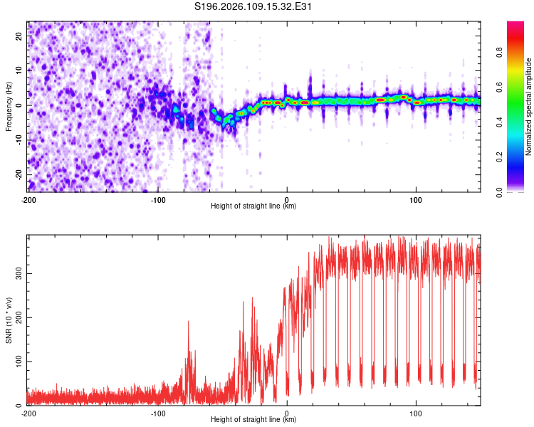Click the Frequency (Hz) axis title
pyautogui.click(x=9, y=106)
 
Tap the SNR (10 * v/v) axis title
pyautogui.click(x=9, y=320)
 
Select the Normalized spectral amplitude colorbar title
pyautogui.click(x=529, y=106)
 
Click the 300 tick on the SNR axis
pyautogui.click(x=16, y=273)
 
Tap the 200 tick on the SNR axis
pyautogui.click(x=16, y=317)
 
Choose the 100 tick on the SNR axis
pyautogui.click(x=16, y=362)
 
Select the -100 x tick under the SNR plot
pyautogui.click(x=158, y=413)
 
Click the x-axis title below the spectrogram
pyautogui.click(x=253, y=206)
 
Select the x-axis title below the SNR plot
pyautogui.click(x=253, y=420)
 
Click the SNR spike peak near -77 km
pyautogui.click(x=189, y=322)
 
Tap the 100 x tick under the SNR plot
pyautogui.click(x=416, y=413)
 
